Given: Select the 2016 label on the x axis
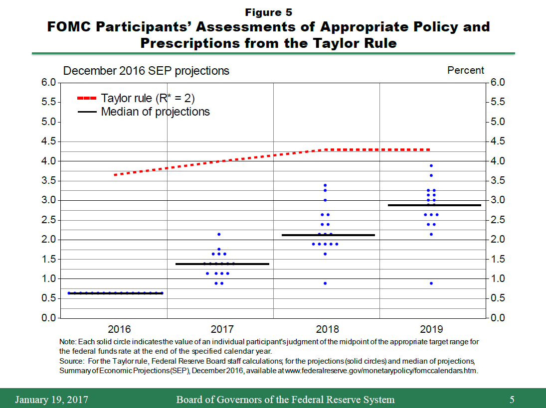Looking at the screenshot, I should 119,329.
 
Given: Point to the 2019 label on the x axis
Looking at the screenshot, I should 431,329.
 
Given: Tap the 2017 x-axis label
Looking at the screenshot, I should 222,329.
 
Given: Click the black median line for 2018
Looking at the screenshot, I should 328,235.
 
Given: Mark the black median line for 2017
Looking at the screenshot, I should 222,264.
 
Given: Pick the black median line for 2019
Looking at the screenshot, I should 434,205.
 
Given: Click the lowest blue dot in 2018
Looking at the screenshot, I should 325,283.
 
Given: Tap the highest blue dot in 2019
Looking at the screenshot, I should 431,166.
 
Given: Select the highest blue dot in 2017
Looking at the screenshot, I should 219,234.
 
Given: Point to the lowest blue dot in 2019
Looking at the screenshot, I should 431,283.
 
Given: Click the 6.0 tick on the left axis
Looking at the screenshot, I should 48,83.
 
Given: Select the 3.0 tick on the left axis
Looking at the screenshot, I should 48,200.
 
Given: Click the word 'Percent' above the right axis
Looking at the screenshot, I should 466,71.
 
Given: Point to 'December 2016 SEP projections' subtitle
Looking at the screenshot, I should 146,71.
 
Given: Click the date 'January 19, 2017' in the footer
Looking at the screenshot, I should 52,400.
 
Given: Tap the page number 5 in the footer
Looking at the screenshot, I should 512,400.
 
